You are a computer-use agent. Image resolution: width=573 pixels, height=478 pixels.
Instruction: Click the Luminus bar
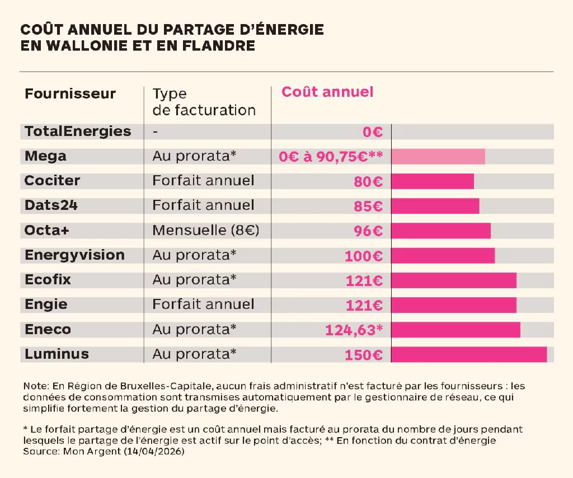pyautogui.click(x=469, y=354)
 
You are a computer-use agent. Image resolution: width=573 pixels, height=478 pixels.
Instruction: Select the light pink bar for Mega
pyautogui.click(x=438, y=156)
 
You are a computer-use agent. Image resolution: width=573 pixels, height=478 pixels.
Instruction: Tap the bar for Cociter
pyautogui.click(x=433, y=181)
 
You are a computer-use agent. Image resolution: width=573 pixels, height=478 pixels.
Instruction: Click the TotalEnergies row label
pyautogui.click(x=78, y=132)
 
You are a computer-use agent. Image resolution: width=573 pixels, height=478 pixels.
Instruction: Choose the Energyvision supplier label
pyautogui.click(x=74, y=255)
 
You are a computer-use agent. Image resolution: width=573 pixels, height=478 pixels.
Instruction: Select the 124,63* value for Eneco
pyautogui.click(x=354, y=330)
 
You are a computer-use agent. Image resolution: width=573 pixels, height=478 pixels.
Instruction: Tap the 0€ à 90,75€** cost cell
pyautogui.click(x=331, y=157)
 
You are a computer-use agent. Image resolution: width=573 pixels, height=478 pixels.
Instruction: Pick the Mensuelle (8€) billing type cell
pyautogui.click(x=206, y=231)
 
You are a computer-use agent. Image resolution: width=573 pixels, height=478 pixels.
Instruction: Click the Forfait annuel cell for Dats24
pyautogui.click(x=203, y=205)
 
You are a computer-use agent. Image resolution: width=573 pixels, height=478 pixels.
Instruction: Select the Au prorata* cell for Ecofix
pyautogui.click(x=194, y=279)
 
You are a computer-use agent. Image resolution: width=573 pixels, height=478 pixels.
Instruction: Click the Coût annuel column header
pyautogui.click(x=327, y=92)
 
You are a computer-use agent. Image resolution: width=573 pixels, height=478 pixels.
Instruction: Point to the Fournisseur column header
pyautogui.click(x=70, y=93)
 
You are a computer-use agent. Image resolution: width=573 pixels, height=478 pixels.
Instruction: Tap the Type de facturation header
pyautogui.click(x=204, y=102)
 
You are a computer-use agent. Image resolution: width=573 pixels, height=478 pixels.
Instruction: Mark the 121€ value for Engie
pyautogui.click(x=364, y=305)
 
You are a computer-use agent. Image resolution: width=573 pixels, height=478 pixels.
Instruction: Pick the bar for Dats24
pyautogui.click(x=435, y=206)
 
